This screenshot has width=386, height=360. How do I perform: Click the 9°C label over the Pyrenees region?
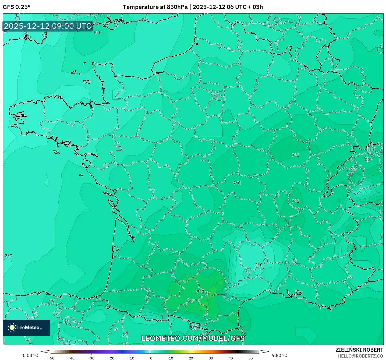coord(200,291)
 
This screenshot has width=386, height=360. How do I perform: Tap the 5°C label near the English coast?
coord(98,33)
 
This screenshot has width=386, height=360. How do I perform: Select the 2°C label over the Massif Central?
coord(259,265)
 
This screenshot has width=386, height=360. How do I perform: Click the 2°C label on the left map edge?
coord(8,256)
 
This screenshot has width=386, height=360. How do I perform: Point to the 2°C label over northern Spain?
coord(61,339)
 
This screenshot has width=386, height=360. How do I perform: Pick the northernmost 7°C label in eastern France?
coord(295,155)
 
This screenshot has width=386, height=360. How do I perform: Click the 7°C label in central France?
coord(237,183)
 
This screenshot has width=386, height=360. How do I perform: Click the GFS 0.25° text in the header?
coord(16,7)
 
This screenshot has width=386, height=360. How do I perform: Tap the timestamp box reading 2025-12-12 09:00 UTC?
coord(48,26)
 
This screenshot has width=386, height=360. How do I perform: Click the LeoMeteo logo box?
coord(26,327)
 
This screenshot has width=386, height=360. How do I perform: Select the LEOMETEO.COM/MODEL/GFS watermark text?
coord(193,338)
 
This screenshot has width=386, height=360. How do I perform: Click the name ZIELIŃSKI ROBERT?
coord(359,350)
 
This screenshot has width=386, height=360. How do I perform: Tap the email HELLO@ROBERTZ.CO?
coord(360,356)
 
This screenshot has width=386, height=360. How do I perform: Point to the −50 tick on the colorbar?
coord(51,358)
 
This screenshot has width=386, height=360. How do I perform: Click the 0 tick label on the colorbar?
coord(151,358)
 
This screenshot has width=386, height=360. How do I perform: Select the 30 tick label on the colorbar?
coord(211,358)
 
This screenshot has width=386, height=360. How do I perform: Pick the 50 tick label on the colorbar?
coord(250,358)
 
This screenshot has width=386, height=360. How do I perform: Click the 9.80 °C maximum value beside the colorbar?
coord(279,355)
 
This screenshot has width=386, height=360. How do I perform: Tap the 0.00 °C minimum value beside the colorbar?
coord(30,355)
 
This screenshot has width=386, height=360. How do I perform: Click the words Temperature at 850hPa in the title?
coord(155,7)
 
